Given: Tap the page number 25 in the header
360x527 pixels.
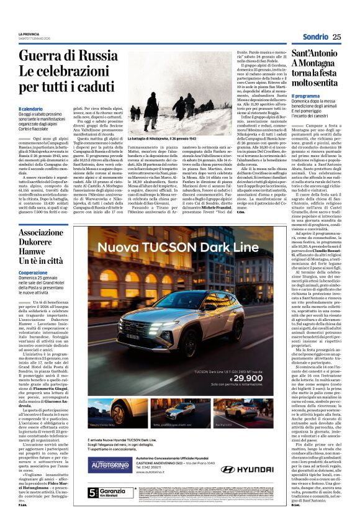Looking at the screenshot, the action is (336, 37).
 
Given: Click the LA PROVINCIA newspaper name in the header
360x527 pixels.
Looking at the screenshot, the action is (29, 34).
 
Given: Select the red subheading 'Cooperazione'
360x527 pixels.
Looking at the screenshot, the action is (33, 272).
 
